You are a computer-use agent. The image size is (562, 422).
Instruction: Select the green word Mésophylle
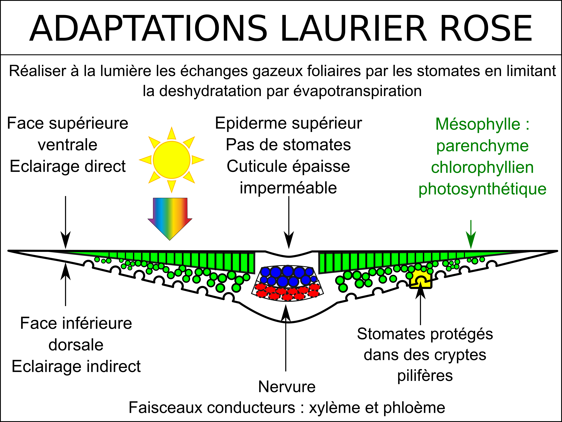[x=478, y=124]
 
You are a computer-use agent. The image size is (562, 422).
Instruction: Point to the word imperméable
[x=288, y=188]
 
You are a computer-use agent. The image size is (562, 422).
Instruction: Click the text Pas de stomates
[x=288, y=145]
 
